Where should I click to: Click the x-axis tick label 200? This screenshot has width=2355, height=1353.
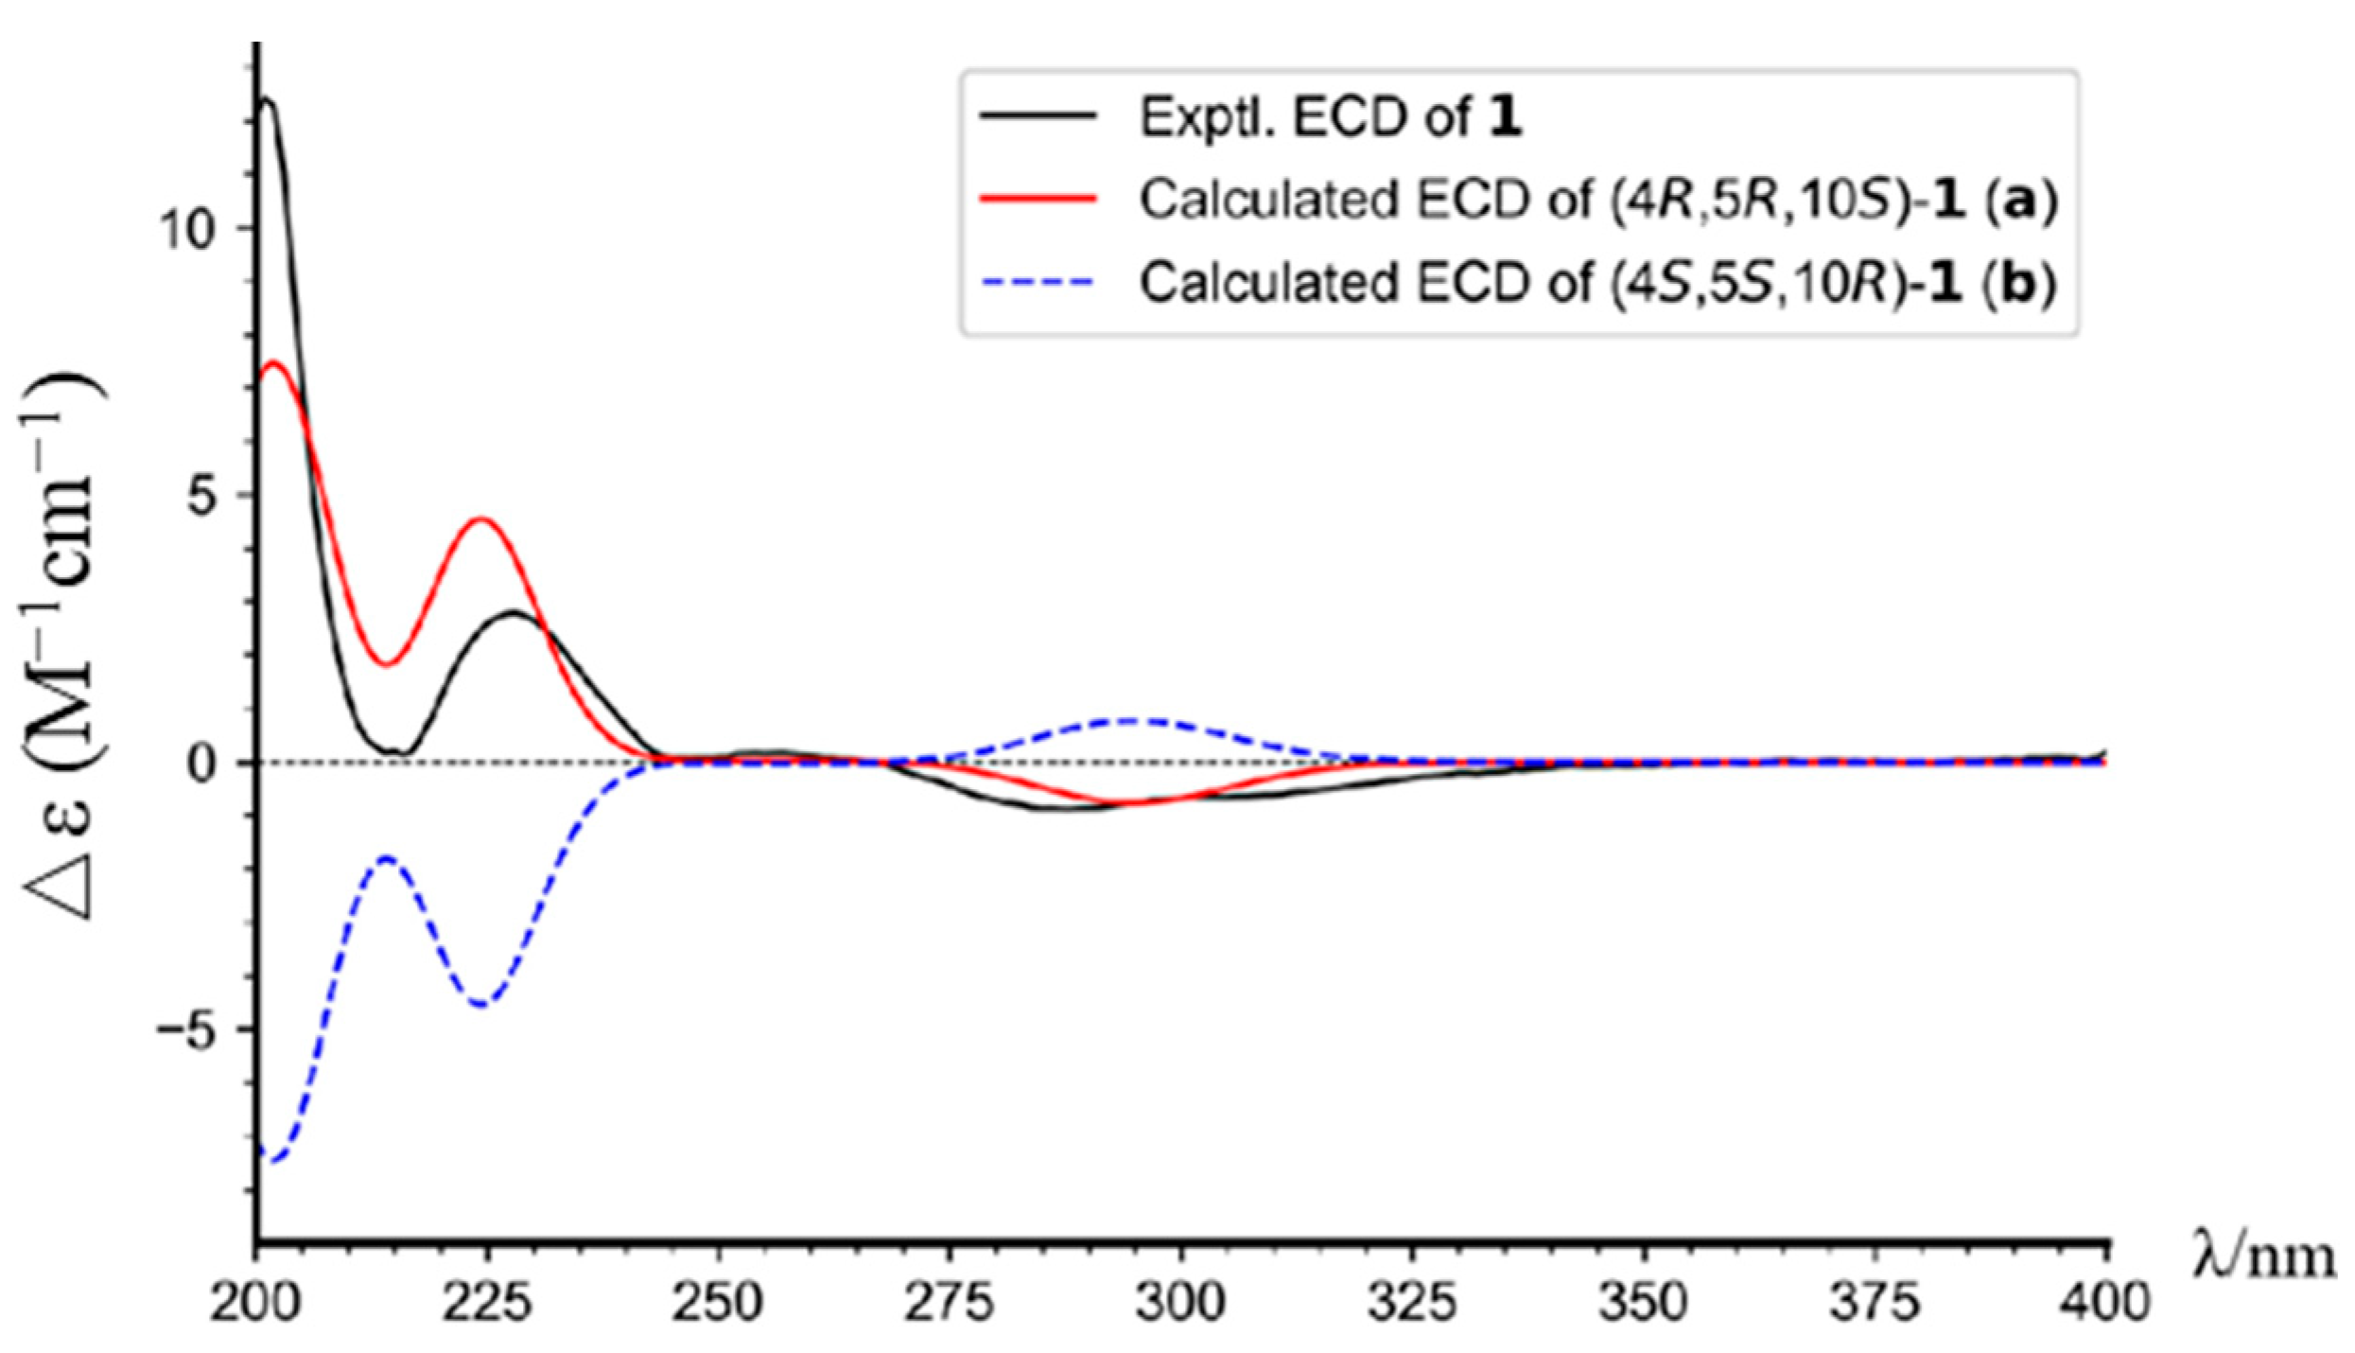click(x=255, y=1303)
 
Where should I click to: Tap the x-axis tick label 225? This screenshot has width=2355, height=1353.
click(x=487, y=1303)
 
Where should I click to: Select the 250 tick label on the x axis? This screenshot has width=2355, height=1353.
click(x=719, y=1303)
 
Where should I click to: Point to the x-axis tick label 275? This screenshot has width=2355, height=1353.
click(x=950, y=1303)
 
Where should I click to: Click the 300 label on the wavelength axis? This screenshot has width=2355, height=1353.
click(x=1180, y=1303)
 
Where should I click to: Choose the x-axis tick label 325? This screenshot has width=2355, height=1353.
click(x=1412, y=1303)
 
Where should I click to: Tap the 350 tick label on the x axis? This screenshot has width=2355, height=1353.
click(x=1643, y=1303)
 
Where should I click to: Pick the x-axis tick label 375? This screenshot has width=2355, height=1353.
click(x=1875, y=1303)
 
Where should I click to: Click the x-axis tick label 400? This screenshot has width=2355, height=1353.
click(x=2105, y=1303)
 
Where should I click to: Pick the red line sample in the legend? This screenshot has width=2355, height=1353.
click(x=1038, y=199)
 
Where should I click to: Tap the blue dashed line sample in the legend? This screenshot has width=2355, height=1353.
click(x=1038, y=282)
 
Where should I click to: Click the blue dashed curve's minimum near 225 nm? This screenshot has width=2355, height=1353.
click(x=482, y=1004)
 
